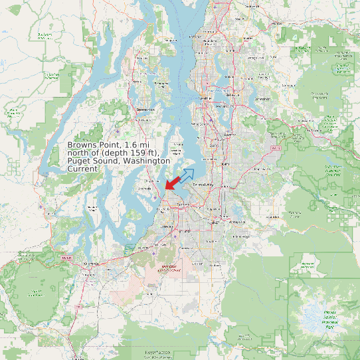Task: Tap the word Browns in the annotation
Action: click(85, 144)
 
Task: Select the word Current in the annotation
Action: click(83, 169)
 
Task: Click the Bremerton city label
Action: click(145, 109)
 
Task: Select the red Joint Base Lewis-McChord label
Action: click(169, 269)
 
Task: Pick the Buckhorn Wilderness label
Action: click(45, 35)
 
